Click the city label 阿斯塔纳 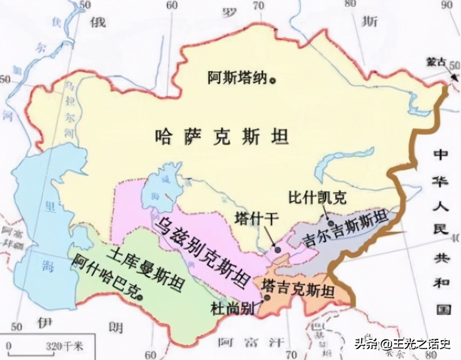click(x=237, y=78)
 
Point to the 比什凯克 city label click(x=317, y=197)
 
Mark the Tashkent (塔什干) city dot click(x=278, y=250)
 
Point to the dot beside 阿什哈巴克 click(x=141, y=297)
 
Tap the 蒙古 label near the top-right click(x=435, y=61)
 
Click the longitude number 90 click(x=447, y=6)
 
